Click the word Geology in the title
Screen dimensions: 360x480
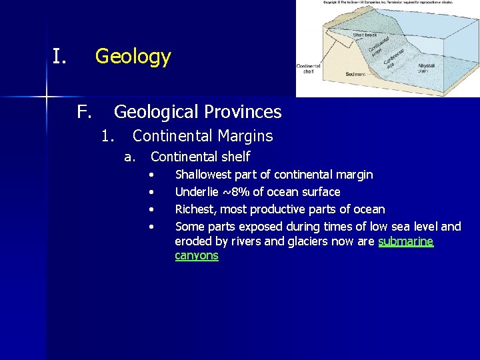(133, 57)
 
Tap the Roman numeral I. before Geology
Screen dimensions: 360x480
(60, 57)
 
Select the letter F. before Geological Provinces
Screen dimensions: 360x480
(83, 111)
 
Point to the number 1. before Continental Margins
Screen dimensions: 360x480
(108, 136)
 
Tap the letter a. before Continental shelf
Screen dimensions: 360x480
(130, 157)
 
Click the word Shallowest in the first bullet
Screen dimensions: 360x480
(203, 175)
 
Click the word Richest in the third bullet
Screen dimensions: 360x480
(194, 209)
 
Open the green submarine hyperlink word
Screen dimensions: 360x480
(405, 241)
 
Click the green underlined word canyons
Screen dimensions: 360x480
(196, 255)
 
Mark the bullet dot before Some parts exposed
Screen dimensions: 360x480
(153, 227)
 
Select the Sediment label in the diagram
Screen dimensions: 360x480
(355, 74)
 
